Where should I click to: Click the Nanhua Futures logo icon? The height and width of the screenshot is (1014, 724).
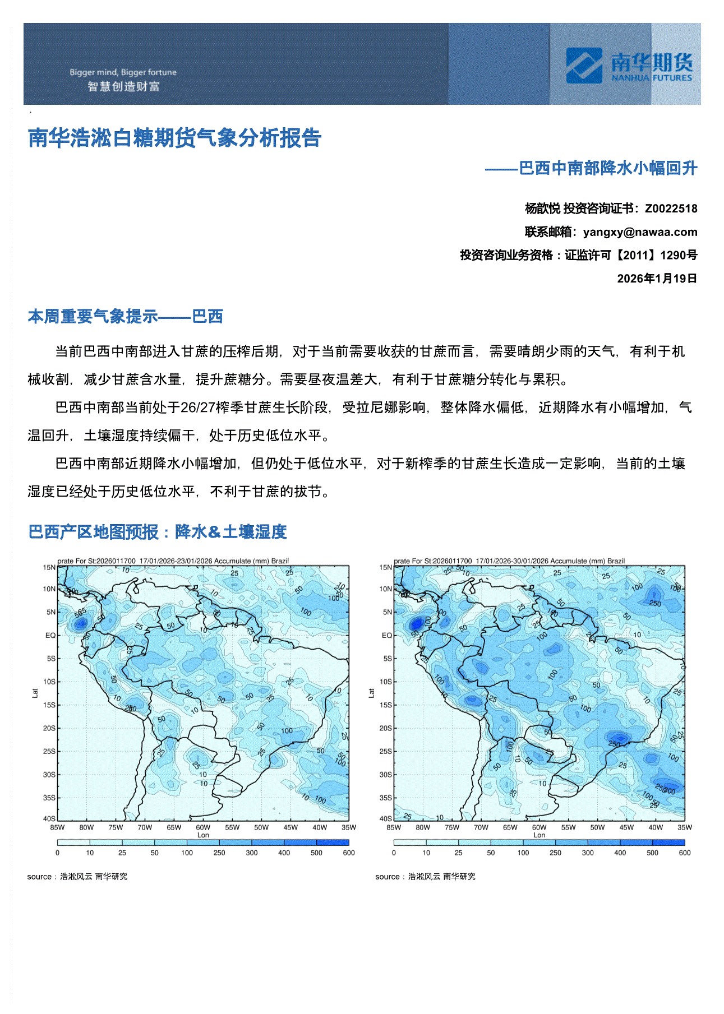click(584, 66)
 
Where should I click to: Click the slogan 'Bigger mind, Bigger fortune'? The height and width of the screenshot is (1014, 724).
click(123, 72)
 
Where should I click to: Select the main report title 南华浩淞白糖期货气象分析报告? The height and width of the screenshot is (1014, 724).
click(174, 138)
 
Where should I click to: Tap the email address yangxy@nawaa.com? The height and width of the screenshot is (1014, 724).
click(640, 232)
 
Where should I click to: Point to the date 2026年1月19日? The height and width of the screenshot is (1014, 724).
click(657, 279)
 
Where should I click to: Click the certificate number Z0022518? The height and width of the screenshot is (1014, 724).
click(671, 209)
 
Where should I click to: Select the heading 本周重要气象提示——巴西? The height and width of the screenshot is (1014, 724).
click(126, 317)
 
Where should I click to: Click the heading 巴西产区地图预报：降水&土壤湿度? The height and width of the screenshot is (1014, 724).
click(158, 531)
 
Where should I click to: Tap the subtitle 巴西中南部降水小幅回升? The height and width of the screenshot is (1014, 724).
click(608, 168)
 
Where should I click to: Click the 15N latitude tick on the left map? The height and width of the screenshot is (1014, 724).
click(49, 567)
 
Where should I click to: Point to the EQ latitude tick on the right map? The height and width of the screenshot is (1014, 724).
click(387, 636)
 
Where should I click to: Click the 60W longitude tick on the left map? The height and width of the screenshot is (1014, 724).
click(203, 827)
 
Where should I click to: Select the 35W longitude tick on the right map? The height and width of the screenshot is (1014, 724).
click(684, 827)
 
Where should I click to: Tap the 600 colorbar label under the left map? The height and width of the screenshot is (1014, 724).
click(348, 853)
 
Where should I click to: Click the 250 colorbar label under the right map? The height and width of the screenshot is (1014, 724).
click(555, 853)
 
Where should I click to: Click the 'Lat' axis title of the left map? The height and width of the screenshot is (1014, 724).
click(35, 693)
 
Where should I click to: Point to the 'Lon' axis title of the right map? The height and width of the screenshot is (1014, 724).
click(539, 835)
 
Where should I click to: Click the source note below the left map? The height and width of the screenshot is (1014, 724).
click(77, 877)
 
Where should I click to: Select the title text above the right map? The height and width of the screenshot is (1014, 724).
click(509, 561)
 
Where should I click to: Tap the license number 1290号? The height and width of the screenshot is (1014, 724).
click(679, 256)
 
